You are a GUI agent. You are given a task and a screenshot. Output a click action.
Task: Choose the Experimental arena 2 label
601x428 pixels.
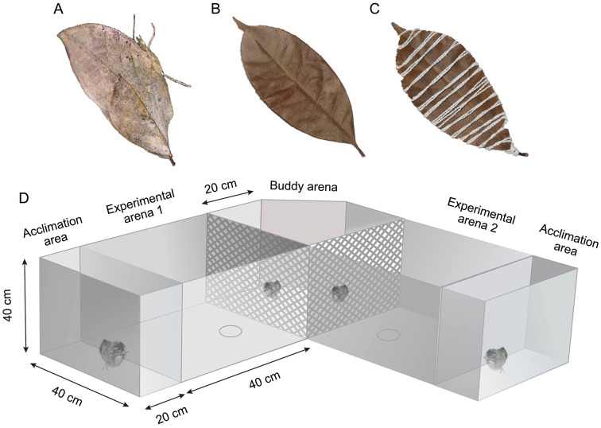tap(480, 215)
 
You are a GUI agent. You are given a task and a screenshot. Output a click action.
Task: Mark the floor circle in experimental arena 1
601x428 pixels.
tap(230, 330)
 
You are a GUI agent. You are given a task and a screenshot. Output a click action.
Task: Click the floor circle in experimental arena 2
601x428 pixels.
tap(388, 335)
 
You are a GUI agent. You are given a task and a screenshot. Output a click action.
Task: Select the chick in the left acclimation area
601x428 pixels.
tap(111, 354)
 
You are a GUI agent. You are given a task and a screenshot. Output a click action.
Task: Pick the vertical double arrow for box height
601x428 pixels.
tap(26, 305)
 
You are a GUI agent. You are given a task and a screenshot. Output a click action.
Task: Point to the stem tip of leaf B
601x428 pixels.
tap(363, 154)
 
